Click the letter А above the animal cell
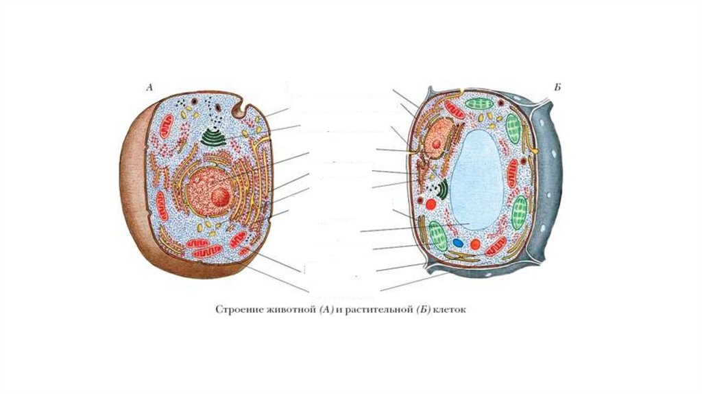pyautogui.click(x=149, y=87)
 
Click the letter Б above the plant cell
pyautogui.click(x=557, y=88)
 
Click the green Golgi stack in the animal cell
pyautogui.click(x=217, y=136)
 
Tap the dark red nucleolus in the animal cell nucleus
pyautogui.click(x=220, y=198)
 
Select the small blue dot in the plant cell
pyautogui.click(x=458, y=242)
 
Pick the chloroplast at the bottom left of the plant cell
pyautogui.click(x=437, y=234)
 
